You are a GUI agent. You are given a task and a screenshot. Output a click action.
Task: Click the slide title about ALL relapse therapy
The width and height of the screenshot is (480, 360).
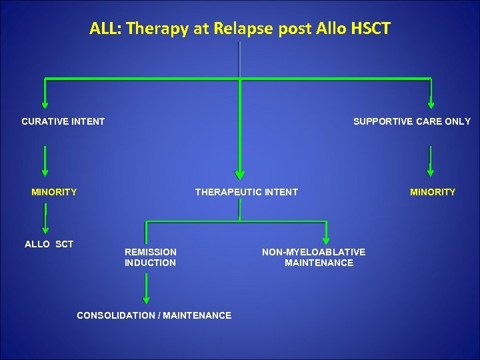click(240, 29)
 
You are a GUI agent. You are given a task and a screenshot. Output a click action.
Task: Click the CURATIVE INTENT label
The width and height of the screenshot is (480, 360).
click(63, 121)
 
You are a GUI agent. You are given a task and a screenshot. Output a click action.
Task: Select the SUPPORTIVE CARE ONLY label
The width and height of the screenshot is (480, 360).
click(411, 121)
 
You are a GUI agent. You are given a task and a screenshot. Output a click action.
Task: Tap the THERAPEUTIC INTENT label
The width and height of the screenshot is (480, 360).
click(246, 192)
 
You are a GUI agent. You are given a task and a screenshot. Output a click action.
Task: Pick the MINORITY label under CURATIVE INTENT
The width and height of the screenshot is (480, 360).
click(54, 192)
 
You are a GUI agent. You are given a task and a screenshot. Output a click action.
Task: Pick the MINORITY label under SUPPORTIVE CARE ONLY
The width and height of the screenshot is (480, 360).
click(433, 192)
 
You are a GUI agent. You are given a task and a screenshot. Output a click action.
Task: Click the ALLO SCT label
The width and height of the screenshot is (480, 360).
click(49, 244)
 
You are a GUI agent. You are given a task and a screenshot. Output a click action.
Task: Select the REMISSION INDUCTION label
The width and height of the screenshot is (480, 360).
click(151, 257)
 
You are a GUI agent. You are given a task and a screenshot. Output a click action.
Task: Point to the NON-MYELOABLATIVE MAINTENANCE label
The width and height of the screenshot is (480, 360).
click(314, 257)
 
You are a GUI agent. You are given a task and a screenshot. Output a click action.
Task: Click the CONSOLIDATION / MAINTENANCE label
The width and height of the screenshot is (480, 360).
click(154, 315)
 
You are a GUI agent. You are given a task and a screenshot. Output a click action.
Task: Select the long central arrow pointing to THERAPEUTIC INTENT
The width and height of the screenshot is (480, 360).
click(239, 133)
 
